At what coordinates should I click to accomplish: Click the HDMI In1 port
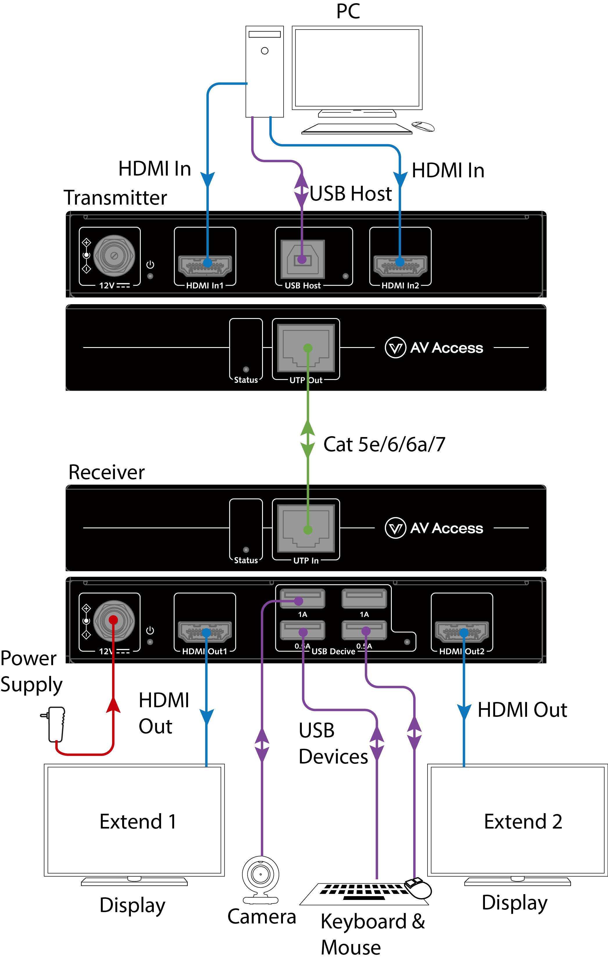[205, 266]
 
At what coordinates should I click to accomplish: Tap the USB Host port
[303, 259]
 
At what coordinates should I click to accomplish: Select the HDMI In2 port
[400, 266]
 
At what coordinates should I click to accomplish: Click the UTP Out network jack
[306, 348]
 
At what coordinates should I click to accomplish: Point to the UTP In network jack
[306, 528]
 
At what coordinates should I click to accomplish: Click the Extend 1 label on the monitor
[138, 822]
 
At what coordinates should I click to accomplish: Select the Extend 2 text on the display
[523, 822]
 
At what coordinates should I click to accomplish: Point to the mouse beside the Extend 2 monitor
[418, 889]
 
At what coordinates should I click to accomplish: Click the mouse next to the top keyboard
[423, 127]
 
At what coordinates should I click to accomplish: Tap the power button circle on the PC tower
[265, 50]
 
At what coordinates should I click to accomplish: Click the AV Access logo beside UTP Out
[434, 348]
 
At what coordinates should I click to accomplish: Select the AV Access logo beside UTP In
[434, 528]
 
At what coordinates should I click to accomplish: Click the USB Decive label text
[333, 652]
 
